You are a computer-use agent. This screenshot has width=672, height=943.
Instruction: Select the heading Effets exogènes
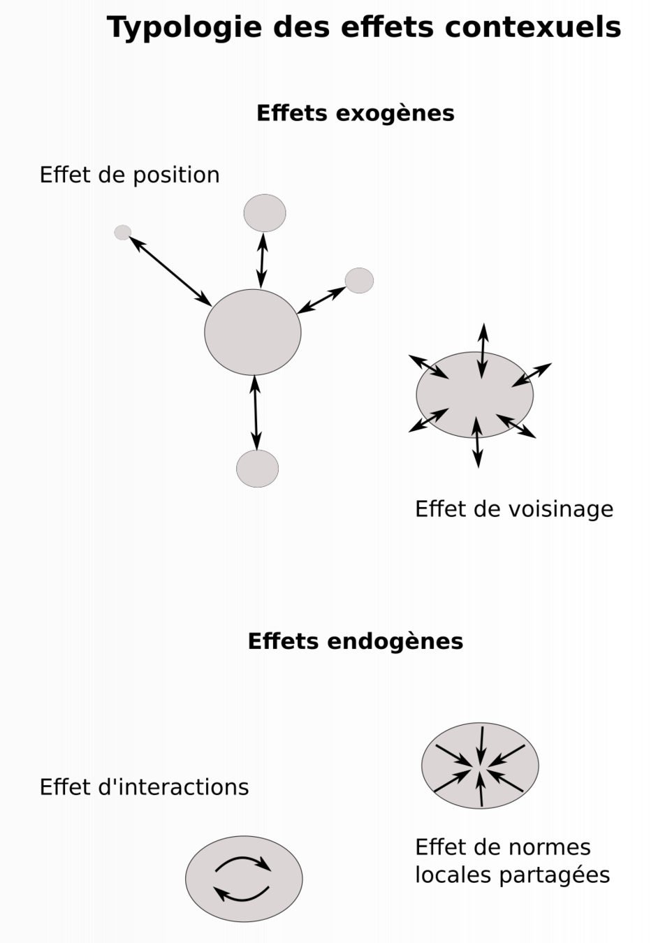[355, 113]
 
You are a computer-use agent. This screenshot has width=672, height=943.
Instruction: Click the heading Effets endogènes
[355, 641]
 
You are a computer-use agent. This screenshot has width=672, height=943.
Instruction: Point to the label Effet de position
[129, 175]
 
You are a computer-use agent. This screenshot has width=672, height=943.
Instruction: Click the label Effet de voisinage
[513, 509]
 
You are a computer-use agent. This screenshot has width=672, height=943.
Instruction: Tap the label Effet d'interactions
[144, 787]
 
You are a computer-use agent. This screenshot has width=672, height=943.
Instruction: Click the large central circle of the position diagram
[252, 332]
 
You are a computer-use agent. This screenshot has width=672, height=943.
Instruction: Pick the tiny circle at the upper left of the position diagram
[123, 233]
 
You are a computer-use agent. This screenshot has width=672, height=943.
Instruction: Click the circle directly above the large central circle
[265, 213]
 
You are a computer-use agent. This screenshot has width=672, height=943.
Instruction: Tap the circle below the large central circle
[257, 469]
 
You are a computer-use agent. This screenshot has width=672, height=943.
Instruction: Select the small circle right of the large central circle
[359, 280]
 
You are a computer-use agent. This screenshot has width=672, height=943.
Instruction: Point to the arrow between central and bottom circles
[255, 412]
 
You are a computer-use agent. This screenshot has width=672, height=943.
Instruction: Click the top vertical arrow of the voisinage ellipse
[482, 351]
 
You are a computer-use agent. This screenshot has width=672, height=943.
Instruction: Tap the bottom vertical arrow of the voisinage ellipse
[477, 442]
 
